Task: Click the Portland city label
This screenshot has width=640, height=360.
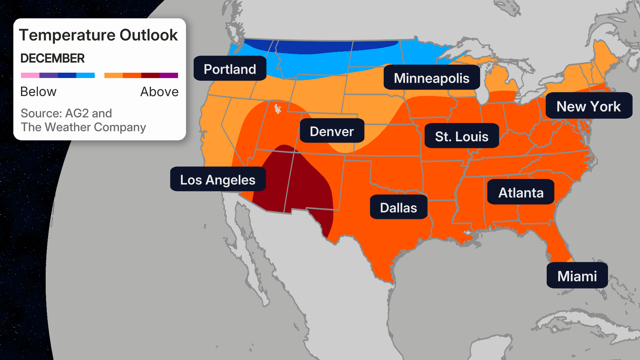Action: (x=230, y=69)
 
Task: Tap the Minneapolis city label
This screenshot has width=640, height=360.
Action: (x=431, y=78)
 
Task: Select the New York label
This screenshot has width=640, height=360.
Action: (x=588, y=106)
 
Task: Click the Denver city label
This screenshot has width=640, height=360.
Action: (x=332, y=131)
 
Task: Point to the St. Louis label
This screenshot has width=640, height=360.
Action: (x=461, y=136)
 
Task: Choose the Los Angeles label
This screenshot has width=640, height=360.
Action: (x=218, y=179)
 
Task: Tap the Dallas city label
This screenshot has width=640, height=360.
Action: (x=398, y=207)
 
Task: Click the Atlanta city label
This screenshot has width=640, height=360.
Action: (x=521, y=192)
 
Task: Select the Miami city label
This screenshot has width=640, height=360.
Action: (x=577, y=276)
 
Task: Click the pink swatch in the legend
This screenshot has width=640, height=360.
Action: (x=30, y=75)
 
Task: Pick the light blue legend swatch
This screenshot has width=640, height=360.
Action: (x=85, y=75)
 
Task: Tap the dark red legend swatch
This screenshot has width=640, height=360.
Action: (x=150, y=75)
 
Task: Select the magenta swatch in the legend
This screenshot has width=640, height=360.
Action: (x=169, y=75)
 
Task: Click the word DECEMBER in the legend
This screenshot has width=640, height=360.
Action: (x=52, y=58)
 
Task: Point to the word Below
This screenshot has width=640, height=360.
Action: (x=38, y=92)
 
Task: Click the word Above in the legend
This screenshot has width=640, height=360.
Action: (x=159, y=92)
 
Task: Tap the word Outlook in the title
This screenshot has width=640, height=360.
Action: (x=149, y=35)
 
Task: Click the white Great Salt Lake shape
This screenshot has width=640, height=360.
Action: (x=277, y=109)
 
